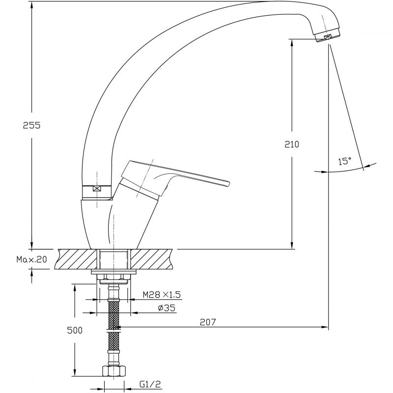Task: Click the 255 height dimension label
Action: click(x=31, y=125)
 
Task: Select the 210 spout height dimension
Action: click(x=292, y=144)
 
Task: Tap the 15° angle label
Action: click(x=345, y=161)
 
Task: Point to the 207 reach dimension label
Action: click(x=207, y=322)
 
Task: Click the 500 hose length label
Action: click(x=75, y=330)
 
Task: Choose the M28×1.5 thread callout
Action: click(x=162, y=294)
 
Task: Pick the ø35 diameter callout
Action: click(x=167, y=308)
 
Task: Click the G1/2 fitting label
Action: click(x=150, y=384)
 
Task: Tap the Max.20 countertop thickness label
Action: click(x=32, y=259)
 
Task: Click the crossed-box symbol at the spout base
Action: click(x=96, y=188)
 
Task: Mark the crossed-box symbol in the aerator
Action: click(x=327, y=37)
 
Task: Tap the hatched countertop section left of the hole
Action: click(x=76, y=259)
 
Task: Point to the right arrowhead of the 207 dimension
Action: click(x=325, y=327)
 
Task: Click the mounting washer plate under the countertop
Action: click(x=113, y=272)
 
